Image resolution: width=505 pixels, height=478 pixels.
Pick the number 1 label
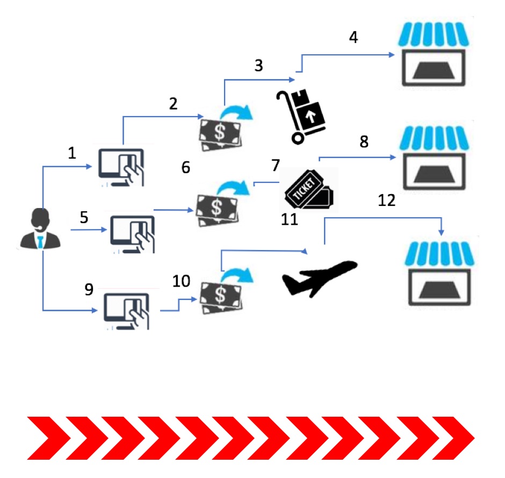click(x=72, y=154)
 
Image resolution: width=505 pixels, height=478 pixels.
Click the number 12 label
click(x=387, y=201)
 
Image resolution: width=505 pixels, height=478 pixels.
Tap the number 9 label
click(x=89, y=289)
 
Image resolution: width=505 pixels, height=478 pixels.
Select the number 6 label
click(x=186, y=168)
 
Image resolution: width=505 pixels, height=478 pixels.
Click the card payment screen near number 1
click(x=122, y=165)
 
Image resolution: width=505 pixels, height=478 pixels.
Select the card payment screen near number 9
click(x=128, y=310)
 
